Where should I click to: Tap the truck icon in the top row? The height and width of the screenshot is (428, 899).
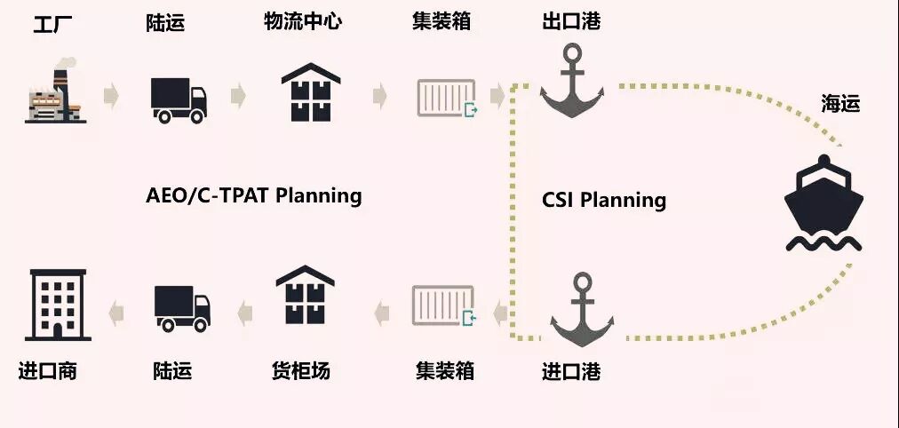point(179,99)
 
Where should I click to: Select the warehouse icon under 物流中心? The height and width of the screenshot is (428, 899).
point(310,92)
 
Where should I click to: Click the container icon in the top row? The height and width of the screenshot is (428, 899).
point(446,98)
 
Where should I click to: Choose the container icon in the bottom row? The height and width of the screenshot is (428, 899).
point(444,306)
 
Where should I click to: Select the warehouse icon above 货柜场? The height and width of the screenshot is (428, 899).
point(305,297)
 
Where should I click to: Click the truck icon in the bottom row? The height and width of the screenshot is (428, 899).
point(182,307)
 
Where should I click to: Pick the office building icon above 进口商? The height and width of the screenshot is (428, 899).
point(57,305)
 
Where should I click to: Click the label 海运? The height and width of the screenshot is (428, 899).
point(839,104)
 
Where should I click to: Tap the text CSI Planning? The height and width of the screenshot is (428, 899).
point(604,200)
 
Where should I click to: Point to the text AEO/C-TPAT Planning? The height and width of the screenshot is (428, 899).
point(253,195)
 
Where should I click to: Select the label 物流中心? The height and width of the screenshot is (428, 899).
point(302,21)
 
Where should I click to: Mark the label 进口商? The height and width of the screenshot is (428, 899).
point(48,371)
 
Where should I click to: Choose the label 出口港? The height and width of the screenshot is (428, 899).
point(571,21)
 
